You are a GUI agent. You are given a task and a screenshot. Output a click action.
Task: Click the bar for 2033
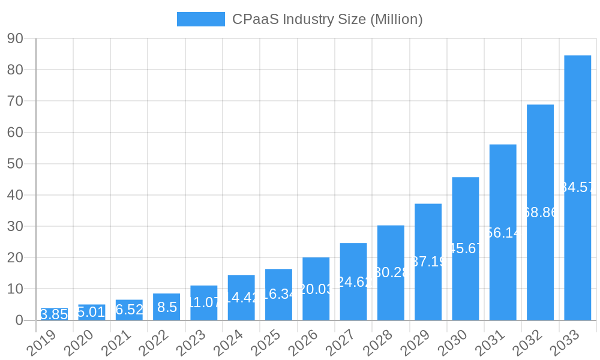[x=577, y=187]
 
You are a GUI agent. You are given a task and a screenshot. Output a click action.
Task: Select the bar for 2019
[x=54, y=314]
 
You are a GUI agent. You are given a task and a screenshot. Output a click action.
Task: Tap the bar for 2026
[x=316, y=289]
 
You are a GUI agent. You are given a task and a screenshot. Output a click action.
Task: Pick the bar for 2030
[x=466, y=248]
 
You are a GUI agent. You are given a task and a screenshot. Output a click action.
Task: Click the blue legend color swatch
[x=200, y=19]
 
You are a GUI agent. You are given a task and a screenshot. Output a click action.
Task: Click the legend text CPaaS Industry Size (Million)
[x=327, y=19]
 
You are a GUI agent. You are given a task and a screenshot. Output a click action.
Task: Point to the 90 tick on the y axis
[x=15, y=38]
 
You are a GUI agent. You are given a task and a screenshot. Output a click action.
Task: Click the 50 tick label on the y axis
[x=15, y=164]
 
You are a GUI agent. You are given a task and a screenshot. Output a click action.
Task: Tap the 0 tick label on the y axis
[x=19, y=320]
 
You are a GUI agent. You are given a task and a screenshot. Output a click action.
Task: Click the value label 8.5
[x=167, y=307]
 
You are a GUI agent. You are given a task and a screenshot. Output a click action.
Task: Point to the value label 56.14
[x=503, y=233]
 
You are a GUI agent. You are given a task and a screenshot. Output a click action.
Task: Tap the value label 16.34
[x=278, y=295]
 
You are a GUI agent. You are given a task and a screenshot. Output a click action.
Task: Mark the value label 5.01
[x=91, y=312]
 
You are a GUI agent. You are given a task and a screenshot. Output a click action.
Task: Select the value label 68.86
[x=540, y=212]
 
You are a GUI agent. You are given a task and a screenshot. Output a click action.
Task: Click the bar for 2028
[x=391, y=272]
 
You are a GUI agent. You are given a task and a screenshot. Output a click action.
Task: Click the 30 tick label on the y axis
[x=15, y=226]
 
